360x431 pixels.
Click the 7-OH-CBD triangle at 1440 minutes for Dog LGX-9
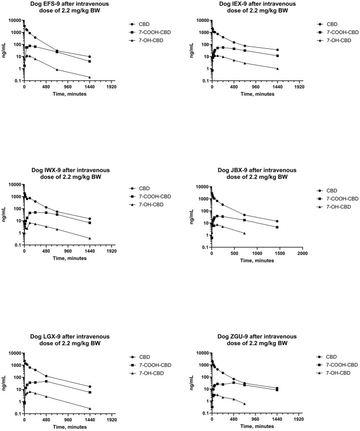coord(89,409)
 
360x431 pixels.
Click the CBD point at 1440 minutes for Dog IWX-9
coord(89,219)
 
